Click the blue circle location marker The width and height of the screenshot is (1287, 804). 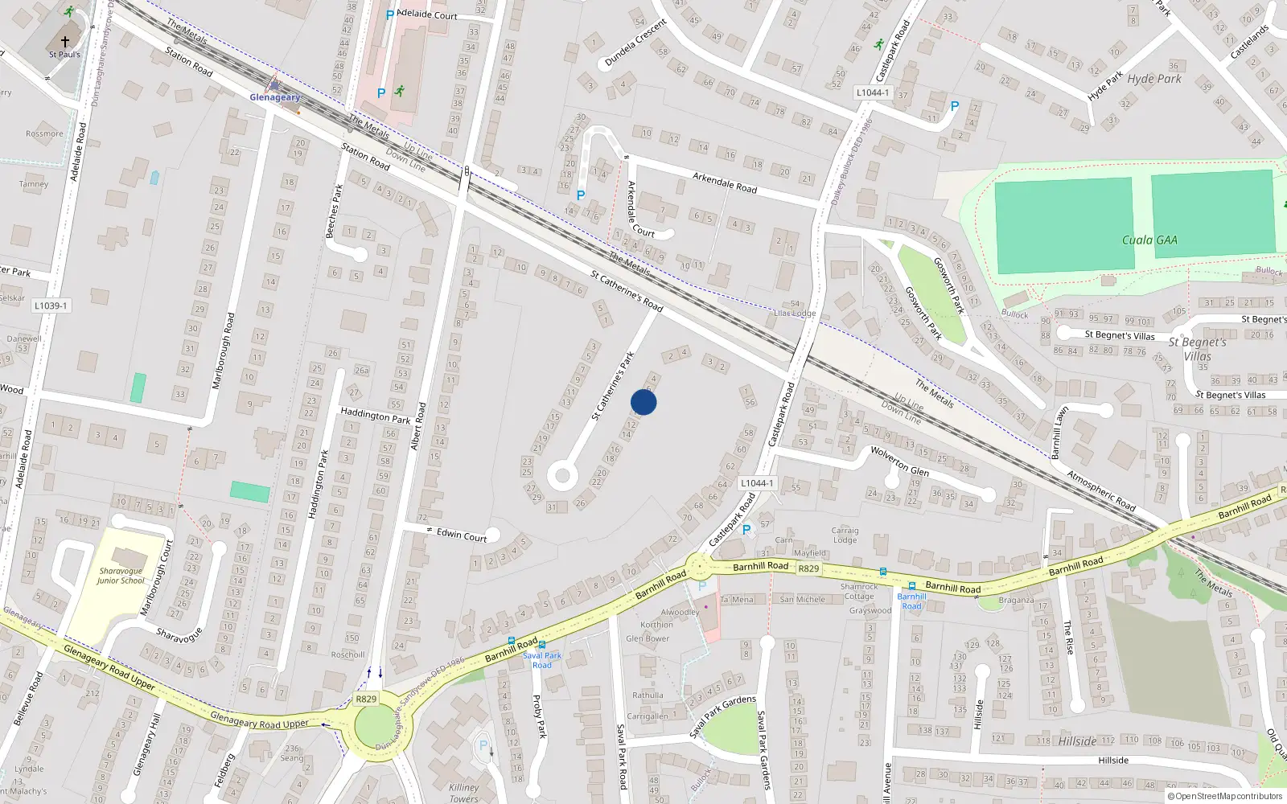point(643,402)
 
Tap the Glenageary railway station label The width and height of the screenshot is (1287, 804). point(274,97)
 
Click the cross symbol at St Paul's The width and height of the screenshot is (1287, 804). point(65,42)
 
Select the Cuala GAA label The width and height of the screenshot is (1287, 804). point(1149,240)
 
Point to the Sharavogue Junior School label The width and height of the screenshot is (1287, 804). point(121,576)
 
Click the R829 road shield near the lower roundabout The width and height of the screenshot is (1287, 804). point(366,699)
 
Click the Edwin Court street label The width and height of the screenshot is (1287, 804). point(461,535)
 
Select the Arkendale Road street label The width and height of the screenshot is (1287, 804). point(725,183)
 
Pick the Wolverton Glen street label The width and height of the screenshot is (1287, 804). point(899,461)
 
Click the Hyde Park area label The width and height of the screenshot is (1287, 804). point(1154,79)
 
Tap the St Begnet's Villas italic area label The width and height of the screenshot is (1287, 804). point(1197,349)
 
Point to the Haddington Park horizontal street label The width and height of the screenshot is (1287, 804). point(375,415)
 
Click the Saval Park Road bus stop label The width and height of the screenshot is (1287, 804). point(542,660)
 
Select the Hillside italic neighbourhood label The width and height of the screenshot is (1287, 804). point(1077,741)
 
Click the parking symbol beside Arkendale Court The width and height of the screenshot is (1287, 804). point(581,195)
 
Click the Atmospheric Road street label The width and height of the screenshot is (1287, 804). point(1100,490)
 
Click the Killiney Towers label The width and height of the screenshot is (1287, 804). point(463,793)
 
